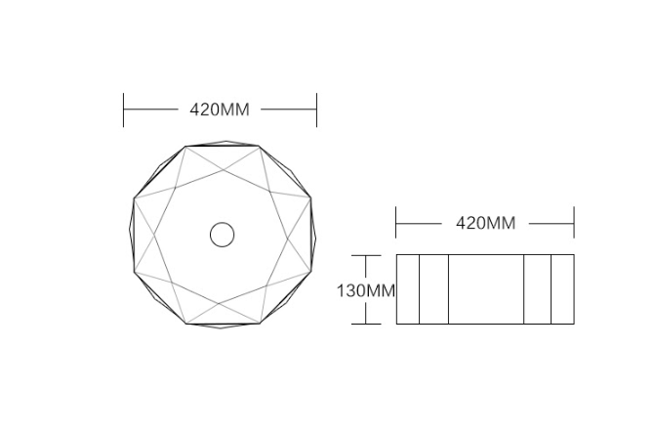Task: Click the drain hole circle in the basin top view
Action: tap(223, 235)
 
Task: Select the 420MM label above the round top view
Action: tap(220, 109)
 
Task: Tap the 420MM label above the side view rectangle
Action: tap(485, 223)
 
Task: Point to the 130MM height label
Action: tap(365, 290)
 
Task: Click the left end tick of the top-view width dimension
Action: tap(124, 109)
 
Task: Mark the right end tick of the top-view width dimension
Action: tap(316, 109)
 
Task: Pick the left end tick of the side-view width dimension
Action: tap(396, 223)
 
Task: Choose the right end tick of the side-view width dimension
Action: tap(574, 223)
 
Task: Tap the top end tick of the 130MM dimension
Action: tap(366, 255)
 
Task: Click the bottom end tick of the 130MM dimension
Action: tap(366, 324)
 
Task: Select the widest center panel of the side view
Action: tap(486, 289)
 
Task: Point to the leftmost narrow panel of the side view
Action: tap(407, 289)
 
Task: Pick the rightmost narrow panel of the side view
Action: tap(562, 289)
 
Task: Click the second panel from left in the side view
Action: tap(433, 289)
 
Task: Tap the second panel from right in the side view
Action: tap(537, 289)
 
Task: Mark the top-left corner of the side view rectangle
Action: tap(396, 255)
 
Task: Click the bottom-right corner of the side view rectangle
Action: tap(574, 324)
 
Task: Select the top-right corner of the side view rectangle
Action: tap(574, 255)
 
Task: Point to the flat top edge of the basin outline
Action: tap(223, 146)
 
